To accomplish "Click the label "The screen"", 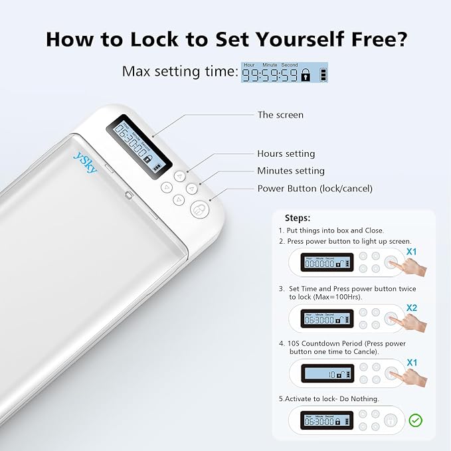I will [280, 115].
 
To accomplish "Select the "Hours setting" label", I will [286, 153].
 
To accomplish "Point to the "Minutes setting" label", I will [291, 171].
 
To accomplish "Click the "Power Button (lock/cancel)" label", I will [315, 189].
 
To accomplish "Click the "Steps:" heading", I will [297, 218].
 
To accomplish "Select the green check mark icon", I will [416, 420].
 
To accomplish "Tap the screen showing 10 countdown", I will [327, 375].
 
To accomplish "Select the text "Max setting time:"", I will [180, 72].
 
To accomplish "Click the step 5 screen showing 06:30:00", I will [327, 420].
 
